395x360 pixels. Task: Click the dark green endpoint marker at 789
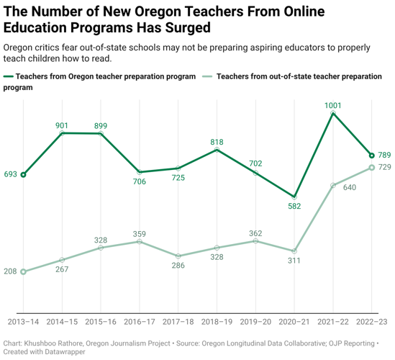point(371,155)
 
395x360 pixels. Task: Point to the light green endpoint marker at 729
point(371,168)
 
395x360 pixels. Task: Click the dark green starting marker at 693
point(23,174)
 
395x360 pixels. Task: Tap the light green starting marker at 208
point(23,271)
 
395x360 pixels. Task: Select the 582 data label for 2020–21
point(294,207)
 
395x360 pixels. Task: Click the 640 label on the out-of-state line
point(350,188)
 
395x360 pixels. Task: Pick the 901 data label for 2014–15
point(62,125)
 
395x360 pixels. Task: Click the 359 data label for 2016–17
point(140,233)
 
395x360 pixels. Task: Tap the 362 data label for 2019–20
point(255,233)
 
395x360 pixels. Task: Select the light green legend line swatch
point(209,76)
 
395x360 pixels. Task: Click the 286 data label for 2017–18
point(178,266)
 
